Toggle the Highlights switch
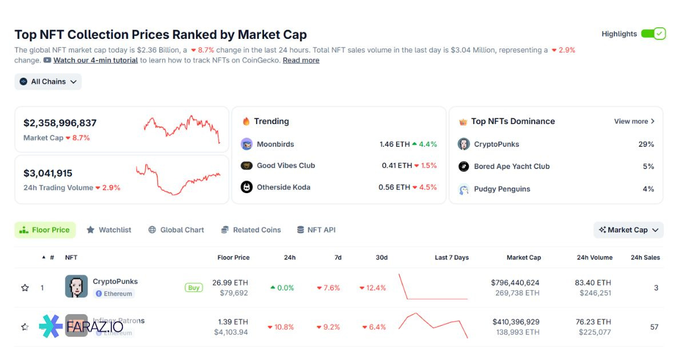(653, 34)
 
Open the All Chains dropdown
(48, 82)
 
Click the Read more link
(301, 60)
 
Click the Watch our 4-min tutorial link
(95, 60)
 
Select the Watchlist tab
(109, 230)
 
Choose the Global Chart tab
(176, 230)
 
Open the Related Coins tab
(251, 230)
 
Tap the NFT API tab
(316, 230)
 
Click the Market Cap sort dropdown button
(628, 230)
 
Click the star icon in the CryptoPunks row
(25, 288)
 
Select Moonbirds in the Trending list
(275, 144)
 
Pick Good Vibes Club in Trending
(285, 166)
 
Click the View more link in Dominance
(634, 121)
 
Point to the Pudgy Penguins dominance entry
(501, 189)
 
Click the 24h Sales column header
(645, 258)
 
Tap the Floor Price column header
(233, 258)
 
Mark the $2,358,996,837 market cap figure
(60, 123)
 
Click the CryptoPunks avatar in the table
(76, 287)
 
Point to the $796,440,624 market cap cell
(514, 283)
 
